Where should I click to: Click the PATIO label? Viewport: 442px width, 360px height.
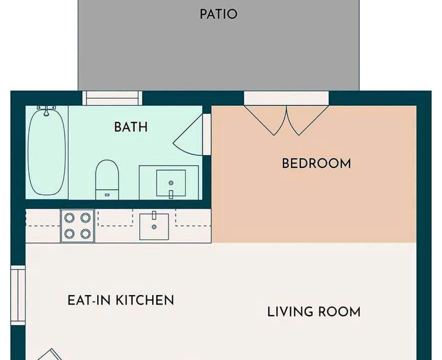tap(218, 14)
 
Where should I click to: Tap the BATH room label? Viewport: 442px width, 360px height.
tap(131, 127)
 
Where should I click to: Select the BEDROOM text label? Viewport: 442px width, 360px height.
tap(316, 163)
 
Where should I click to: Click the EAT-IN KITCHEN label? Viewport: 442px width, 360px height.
tap(121, 300)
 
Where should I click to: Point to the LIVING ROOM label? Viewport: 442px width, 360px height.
tap(314, 312)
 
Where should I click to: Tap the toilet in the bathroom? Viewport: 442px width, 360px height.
tap(107, 179)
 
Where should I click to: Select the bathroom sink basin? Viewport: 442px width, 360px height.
tap(171, 183)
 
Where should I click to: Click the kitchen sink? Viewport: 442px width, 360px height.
tap(154, 226)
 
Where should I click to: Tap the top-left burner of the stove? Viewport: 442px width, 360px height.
tap(70, 217)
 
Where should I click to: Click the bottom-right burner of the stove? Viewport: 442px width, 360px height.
tap(86, 233)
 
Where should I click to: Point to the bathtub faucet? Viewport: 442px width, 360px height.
tap(47, 110)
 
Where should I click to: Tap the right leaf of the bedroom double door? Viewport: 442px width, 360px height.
tap(308, 120)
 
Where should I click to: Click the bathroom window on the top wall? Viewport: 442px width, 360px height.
tap(112, 98)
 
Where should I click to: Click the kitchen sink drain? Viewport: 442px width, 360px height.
tap(154, 227)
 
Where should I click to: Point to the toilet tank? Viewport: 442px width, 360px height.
tap(107, 194)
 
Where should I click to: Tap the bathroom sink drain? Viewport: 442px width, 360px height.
tap(171, 183)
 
